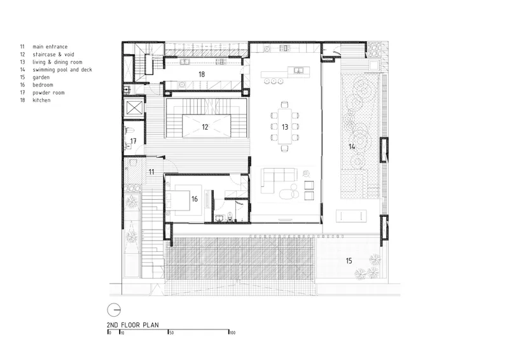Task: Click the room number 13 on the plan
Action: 284,127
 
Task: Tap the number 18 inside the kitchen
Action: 202,74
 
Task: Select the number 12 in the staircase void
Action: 205,127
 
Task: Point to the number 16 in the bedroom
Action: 195,199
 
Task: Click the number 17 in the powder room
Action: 133,141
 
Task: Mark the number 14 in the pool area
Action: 352,147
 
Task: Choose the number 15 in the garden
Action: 349,261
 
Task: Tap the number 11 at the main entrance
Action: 151,172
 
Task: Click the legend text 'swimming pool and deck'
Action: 62,70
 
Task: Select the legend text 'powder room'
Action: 48,92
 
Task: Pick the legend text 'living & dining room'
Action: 57,62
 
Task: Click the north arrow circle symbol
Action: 114,310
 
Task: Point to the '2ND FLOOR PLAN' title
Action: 133,324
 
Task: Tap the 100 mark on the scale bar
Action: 232,333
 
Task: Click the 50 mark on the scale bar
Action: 171,333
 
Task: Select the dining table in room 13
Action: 284,126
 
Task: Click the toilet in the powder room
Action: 130,130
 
